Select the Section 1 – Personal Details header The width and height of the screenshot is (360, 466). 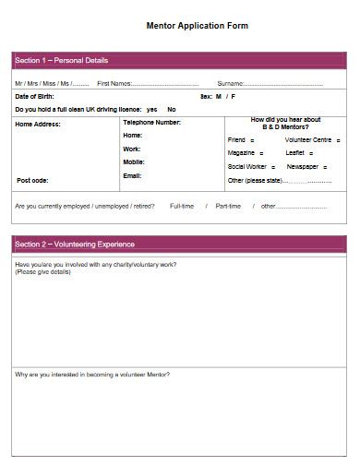(62, 61)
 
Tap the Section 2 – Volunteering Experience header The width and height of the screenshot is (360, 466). (75, 245)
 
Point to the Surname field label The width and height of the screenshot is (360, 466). (231, 84)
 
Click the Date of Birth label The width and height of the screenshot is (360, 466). (34, 96)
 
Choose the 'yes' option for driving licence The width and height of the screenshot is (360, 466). (151, 109)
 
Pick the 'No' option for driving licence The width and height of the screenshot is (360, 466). (172, 109)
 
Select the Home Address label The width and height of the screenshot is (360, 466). (39, 123)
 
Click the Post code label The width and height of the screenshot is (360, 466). (32, 180)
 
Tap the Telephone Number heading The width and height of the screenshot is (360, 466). (151, 123)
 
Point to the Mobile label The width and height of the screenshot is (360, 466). (134, 161)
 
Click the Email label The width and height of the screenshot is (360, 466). (132, 175)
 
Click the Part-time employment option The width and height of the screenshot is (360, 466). (228, 206)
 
